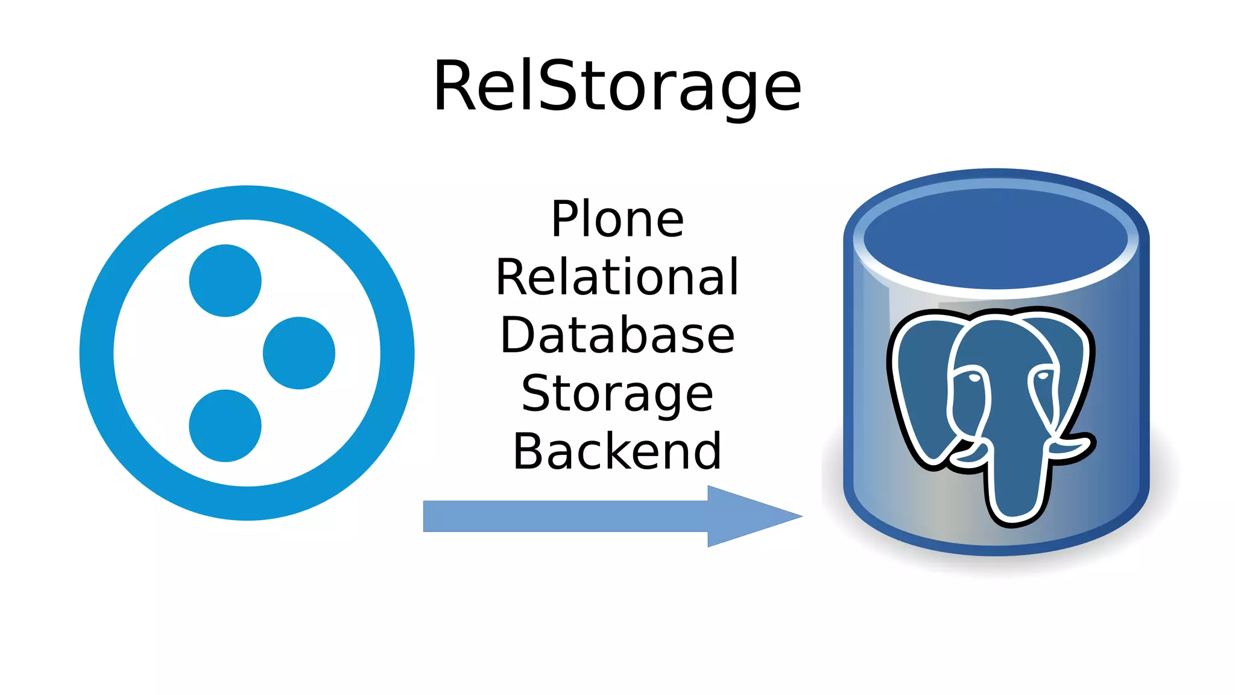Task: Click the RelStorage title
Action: point(617,86)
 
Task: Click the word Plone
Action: point(617,219)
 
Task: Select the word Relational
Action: point(617,277)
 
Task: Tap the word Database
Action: point(617,335)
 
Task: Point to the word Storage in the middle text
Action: point(617,393)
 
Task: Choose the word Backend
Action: point(617,451)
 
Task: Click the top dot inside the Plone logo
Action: point(225,281)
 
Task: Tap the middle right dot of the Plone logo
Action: point(299,353)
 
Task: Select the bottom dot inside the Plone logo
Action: point(225,426)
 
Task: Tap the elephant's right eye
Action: point(1043,376)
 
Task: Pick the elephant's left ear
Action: point(923,386)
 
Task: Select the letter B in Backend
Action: point(528,451)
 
